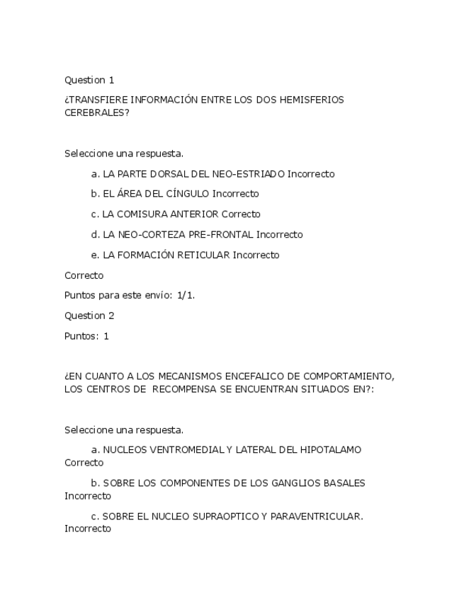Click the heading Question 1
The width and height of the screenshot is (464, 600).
(x=89, y=80)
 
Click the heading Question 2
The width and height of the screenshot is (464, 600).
(x=89, y=316)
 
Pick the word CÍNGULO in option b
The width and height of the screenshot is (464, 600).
(x=188, y=194)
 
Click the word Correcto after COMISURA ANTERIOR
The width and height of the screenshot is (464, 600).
(x=241, y=214)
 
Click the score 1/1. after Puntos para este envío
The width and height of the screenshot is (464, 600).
(x=186, y=296)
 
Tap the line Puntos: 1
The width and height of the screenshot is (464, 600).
(x=86, y=336)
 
